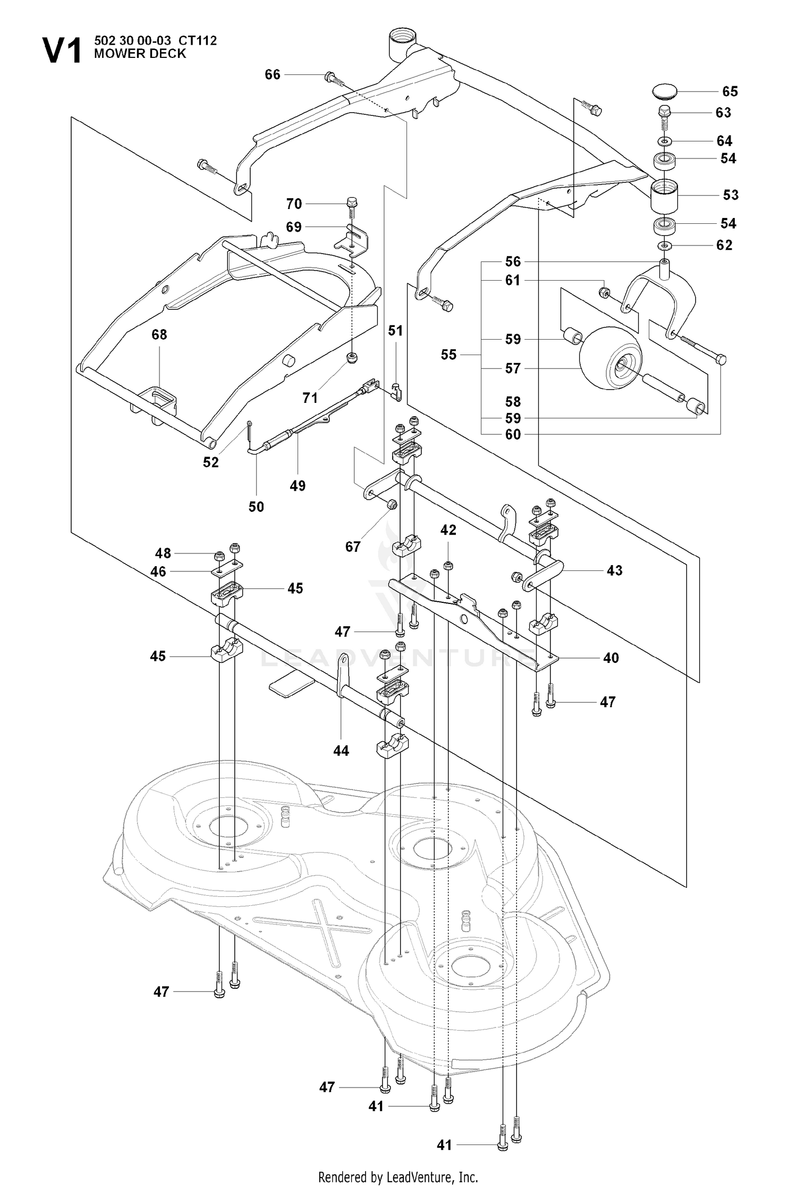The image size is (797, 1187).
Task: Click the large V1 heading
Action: coord(62,50)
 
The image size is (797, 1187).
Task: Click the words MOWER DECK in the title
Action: coord(140,54)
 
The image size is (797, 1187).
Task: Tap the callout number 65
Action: coord(730,91)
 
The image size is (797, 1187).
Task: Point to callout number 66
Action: coord(273,74)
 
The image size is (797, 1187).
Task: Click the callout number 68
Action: coord(159,334)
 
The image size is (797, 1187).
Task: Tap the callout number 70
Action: coord(294,204)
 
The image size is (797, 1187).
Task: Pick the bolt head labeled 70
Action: coord(351,202)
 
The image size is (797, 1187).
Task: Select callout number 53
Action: coord(731,195)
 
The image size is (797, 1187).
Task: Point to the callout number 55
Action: coord(448,355)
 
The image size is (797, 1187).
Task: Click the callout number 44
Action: coord(341,751)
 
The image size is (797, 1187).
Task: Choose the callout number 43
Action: coord(614,570)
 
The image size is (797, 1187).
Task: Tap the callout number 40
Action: coord(611,658)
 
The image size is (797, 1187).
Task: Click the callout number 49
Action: coord(298,486)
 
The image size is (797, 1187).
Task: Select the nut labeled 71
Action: coord(351,359)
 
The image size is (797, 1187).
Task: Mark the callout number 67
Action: coord(353,546)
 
